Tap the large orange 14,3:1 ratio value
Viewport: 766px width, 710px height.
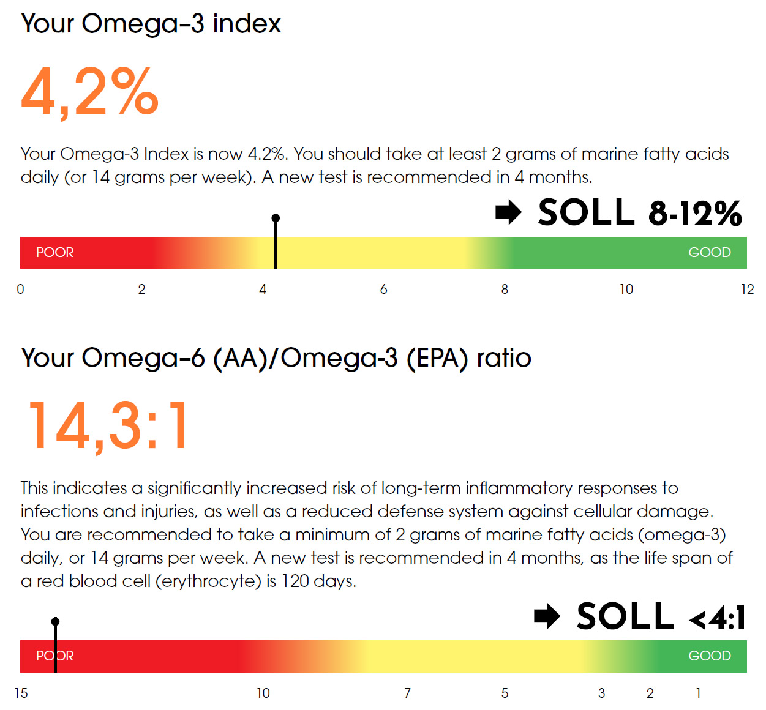(x=108, y=426)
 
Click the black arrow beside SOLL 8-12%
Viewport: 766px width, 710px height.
(x=508, y=212)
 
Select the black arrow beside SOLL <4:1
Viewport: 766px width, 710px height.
(x=547, y=616)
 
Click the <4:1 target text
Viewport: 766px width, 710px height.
(x=717, y=618)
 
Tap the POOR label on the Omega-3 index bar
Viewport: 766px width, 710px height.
(x=54, y=252)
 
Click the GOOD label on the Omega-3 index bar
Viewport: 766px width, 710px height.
(x=709, y=252)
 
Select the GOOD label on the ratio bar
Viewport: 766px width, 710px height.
(x=709, y=656)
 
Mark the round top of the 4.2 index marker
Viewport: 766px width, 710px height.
(x=276, y=218)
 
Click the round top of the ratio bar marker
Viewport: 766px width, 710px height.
(x=55, y=621)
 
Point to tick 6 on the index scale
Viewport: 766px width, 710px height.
(x=383, y=289)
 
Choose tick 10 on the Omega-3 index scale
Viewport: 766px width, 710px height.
(x=626, y=289)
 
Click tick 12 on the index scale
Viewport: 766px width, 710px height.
(x=747, y=289)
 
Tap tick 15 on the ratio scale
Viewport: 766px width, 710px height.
(x=21, y=693)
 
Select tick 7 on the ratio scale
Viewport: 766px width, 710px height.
(x=407, y=693)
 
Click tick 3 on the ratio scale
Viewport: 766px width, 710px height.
(x=601, y=693)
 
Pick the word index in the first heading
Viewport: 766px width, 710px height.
(x=246, y=24)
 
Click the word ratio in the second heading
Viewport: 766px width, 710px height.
(x=503, y=358)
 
